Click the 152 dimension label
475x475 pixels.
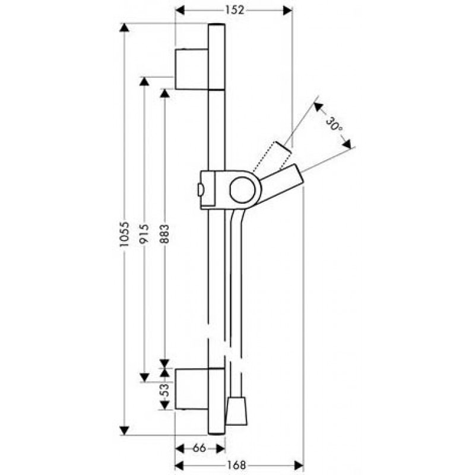point(235,10)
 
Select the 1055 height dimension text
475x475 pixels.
point(124,234)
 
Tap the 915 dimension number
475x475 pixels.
point(144,233)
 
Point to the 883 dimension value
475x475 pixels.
point(164,234)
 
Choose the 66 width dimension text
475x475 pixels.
point(199,448)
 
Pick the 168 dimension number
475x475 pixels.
point(236,465)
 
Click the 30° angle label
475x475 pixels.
point(334,125)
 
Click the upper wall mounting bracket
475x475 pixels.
point(191,69)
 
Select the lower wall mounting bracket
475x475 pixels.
point(191,389)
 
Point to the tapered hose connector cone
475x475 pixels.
point(236,411)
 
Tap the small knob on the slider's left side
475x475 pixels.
point(200,190)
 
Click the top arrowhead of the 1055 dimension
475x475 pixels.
point(124,27)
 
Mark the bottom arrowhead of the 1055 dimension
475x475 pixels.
point(124,430)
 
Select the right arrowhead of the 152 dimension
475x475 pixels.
point(287,11)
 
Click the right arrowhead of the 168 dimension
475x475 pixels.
point(299,465)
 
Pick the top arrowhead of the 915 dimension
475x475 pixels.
point(144,81)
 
